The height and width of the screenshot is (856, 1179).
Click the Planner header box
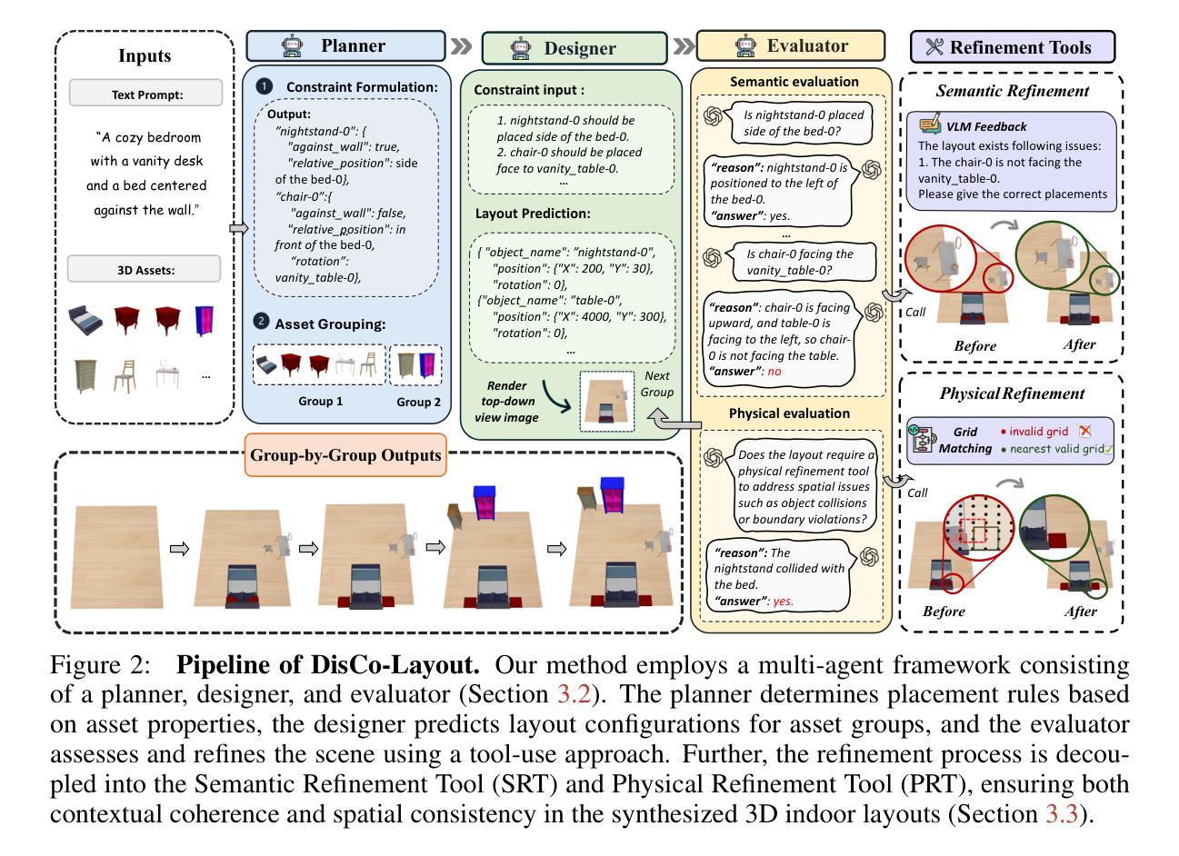(x=345, y=45)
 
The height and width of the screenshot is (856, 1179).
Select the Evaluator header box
(x=790, y=45)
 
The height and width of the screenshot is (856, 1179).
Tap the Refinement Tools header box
(x=1013, y=47)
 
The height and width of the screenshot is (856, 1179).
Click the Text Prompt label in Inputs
(x=145, y=94)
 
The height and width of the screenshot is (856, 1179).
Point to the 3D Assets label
(x=145, y=270)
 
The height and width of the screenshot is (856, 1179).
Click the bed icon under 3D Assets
(x=85, y=320)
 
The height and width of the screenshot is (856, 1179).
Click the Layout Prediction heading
(x=533, y=214)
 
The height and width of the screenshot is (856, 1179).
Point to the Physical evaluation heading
(x=789, y=413)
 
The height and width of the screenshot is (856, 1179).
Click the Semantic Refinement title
(x=1011, y=91)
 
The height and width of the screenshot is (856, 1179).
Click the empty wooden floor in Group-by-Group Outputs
(x=115, y=556)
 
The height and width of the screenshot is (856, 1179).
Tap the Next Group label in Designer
(x=657, y=383)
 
